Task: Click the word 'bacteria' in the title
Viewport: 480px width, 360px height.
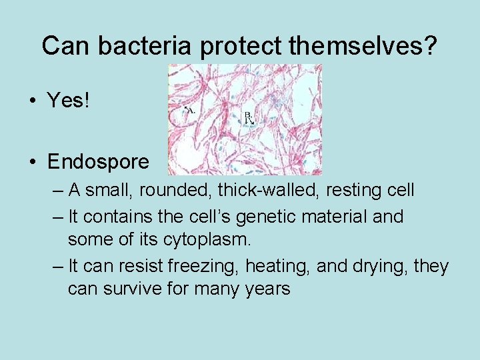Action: (137, 46)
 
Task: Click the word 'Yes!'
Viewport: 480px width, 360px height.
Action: (67, 101)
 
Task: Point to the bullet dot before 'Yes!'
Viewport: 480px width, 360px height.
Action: (31, 101)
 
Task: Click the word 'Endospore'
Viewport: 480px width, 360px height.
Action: (99, 162)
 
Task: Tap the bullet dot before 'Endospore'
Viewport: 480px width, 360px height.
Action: (31, 163)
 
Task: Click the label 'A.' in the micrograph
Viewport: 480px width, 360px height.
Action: (189, 110)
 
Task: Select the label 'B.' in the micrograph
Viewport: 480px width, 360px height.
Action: (248, 115)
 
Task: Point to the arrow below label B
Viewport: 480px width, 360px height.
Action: (251, 122)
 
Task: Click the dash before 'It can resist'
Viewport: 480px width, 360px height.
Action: (58, 267)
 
